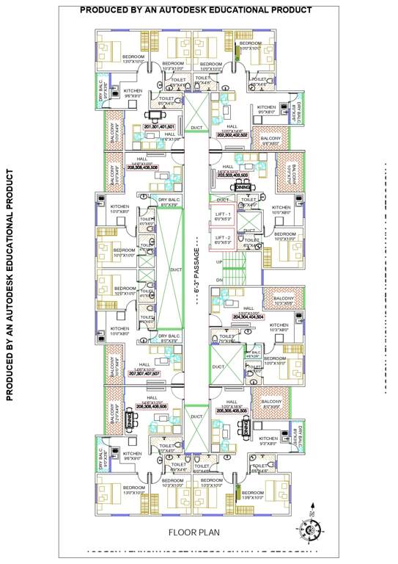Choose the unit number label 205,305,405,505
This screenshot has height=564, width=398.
point(232,411)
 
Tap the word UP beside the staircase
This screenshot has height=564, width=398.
point(219,261)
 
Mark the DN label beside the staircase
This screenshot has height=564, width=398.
point(219,281)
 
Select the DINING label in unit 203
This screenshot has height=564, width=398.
point(243,187)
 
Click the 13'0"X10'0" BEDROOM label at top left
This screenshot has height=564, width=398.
point(133,59)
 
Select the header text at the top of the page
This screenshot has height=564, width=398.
point(195,10)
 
